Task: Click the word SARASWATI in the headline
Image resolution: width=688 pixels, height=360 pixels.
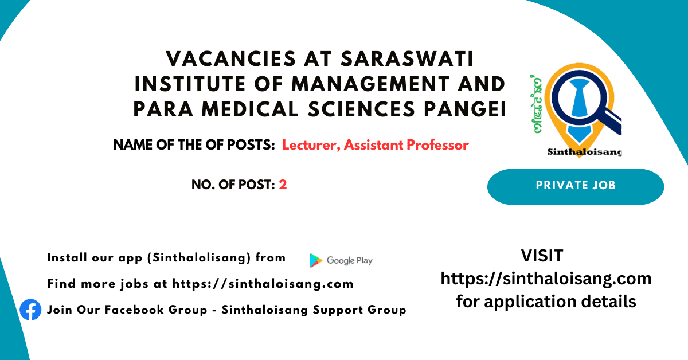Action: point(408,58)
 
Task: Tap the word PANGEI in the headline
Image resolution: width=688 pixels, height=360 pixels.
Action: point(465,109)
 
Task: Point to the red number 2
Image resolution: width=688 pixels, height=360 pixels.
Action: point(283,185)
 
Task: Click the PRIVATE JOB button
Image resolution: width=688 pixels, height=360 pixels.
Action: point(576,186)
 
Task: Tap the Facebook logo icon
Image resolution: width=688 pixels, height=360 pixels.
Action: point(30,310)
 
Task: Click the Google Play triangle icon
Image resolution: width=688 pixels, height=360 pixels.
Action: point(315,260)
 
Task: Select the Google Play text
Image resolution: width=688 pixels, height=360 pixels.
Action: point(350,260)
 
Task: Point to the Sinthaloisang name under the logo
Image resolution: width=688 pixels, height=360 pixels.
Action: point(584,152)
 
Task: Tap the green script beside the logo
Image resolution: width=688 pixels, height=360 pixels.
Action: point(536,104)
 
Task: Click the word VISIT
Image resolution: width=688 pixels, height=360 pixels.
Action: point(542,256)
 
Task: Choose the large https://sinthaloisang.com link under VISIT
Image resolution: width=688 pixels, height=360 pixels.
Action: point(546,279)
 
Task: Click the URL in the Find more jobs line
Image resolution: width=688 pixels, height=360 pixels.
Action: point(263,284)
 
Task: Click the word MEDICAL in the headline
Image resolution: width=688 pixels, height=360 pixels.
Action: point(250,109)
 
